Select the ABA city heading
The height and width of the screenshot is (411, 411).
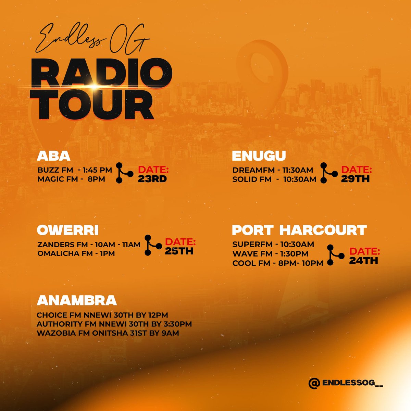click(53, 156)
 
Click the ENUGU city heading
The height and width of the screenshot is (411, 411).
click(259, 156)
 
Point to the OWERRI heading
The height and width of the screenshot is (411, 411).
click(67, 230)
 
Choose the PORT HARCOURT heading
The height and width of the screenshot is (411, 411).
click(299, 230)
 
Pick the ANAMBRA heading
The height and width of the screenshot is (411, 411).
click(77, 300)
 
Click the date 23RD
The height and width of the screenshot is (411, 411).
click(152, 179)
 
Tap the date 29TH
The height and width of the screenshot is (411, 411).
click(356, 179)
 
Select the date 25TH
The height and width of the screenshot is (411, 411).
click(179, 251)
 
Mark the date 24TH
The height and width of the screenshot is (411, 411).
click(363, 261)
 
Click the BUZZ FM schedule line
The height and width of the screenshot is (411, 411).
click(75, 170)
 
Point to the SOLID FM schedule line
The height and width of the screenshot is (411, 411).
click(274, 179)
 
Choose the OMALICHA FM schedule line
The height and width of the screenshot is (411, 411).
click(76, 254)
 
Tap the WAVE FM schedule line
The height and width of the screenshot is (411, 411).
click(270, 254)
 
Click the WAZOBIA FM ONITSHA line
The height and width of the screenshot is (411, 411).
click(108, 333)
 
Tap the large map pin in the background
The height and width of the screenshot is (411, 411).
click(262, 68)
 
